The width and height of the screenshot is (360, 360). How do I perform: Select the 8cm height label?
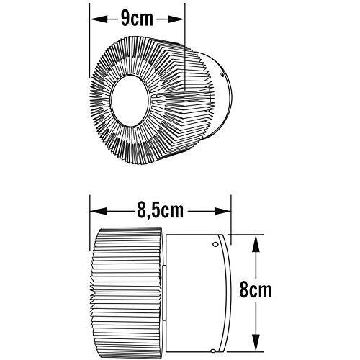coord(256,291)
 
